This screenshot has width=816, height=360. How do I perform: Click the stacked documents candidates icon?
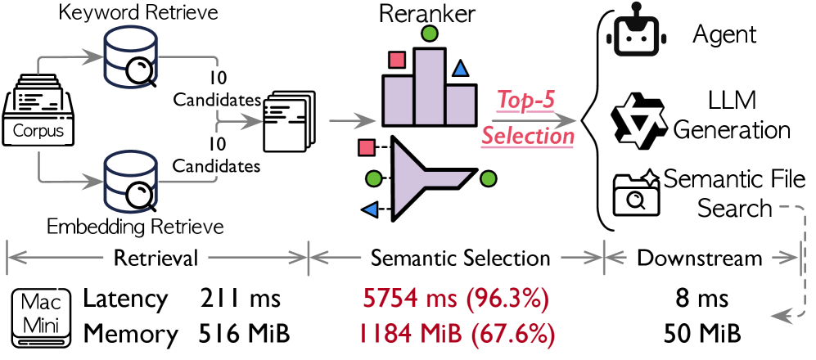pyautogui.click(x=286, y=120)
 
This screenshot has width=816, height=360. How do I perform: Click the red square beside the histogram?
pyautogui.click(x=398, y=60)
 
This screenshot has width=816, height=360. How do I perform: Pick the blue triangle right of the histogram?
pyautogui.click(x=462, y=69)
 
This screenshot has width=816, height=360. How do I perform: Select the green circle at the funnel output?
pyautogui.click(x=489, y=177)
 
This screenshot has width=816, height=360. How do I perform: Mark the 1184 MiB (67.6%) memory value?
pyautogui.click(x=455, y=334)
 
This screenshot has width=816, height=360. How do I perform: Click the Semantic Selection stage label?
pyautogui.click(x=460, y=259)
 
